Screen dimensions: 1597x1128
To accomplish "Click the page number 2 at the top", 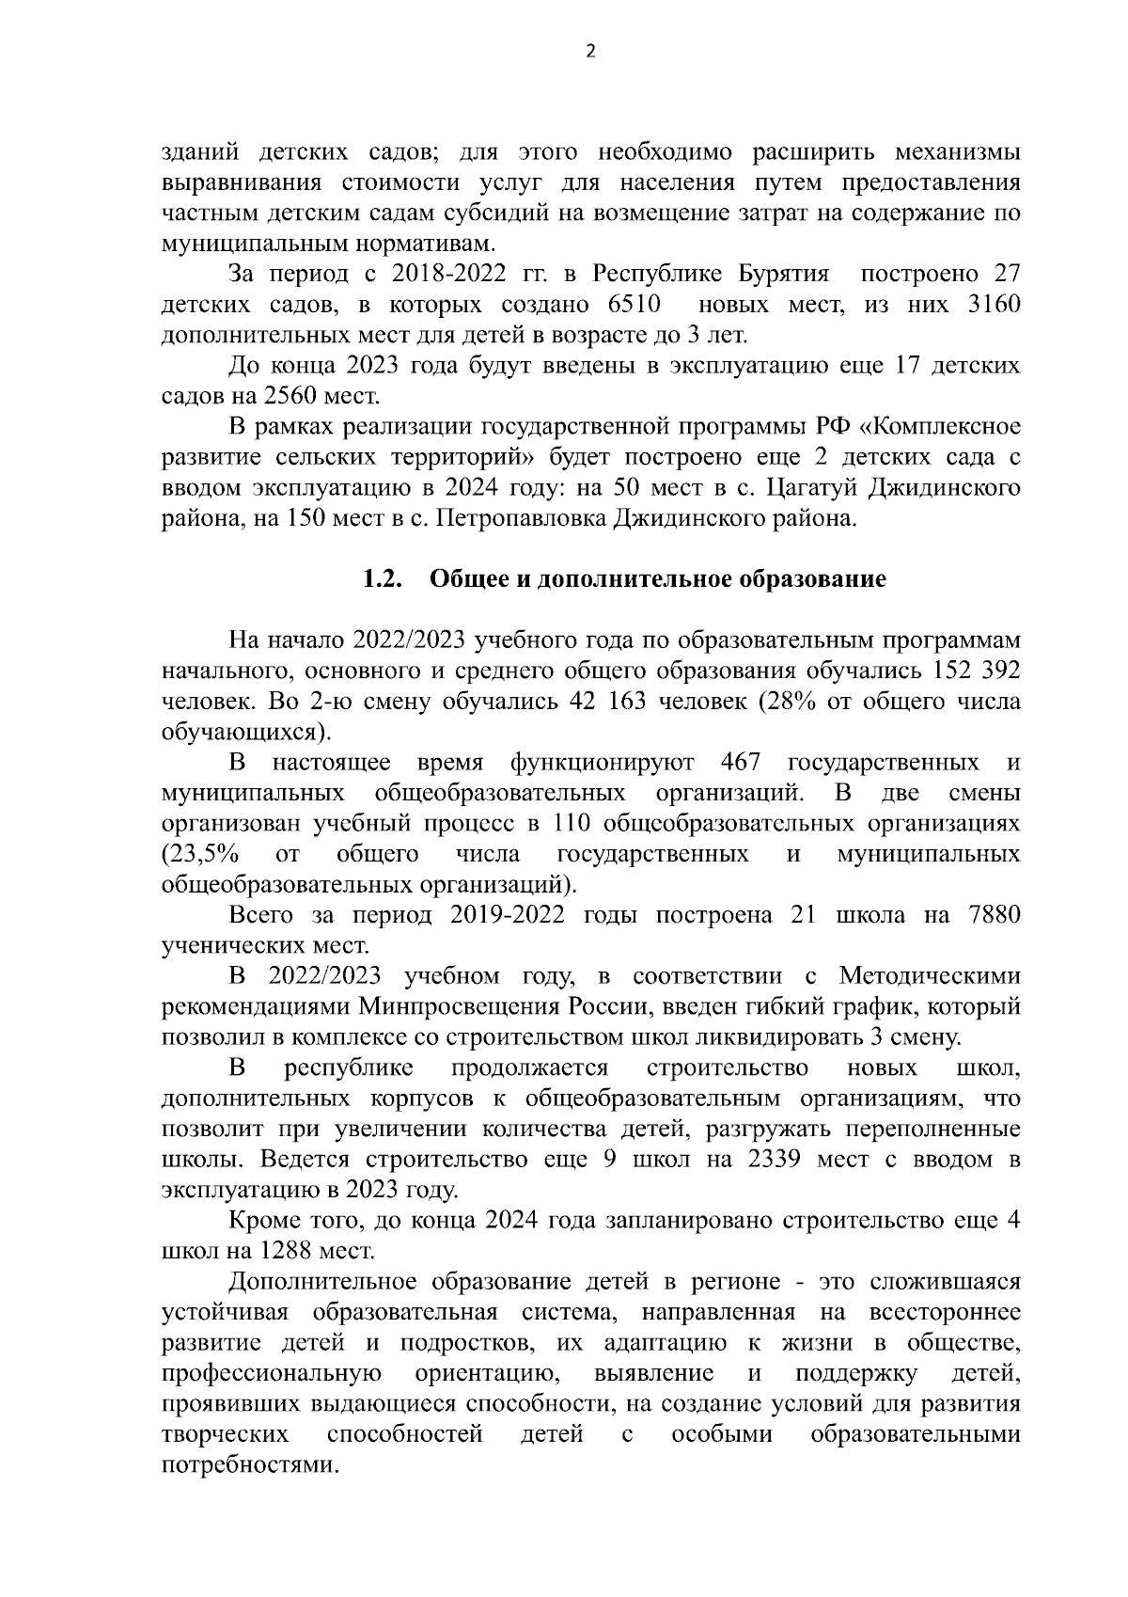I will tap(589, 53).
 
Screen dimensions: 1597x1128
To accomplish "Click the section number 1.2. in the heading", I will tap(383, 579).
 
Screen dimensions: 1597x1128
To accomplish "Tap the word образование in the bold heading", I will tap(815, 579).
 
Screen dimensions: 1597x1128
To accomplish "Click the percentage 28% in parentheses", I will tap(777, 702).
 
